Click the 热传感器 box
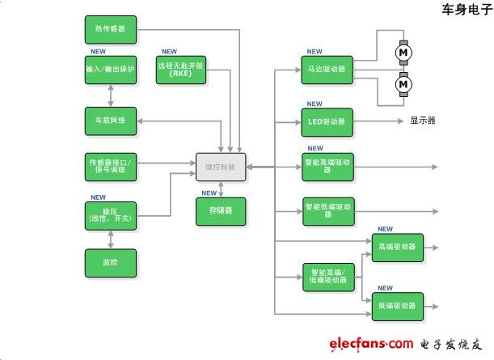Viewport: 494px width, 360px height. pos(111,29)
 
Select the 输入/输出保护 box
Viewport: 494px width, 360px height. pos(111,70)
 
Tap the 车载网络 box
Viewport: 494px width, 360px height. pos(111,121)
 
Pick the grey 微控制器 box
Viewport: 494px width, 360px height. pos(220,167)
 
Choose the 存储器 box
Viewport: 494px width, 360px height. pos(220,211)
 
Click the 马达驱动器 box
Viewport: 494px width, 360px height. pos(327,70)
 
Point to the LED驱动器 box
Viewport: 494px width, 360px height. pos(327,121)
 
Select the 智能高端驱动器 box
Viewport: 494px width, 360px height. pos(327,167)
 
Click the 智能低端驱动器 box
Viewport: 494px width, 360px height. pos(327,211)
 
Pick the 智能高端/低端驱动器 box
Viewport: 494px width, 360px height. pos(327,275)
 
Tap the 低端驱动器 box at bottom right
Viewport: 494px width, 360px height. pos(396,306)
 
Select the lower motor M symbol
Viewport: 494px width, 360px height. pos(402,83)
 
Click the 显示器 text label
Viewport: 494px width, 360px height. pos(422,121)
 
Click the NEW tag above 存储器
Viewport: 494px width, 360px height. pos(209,193)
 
